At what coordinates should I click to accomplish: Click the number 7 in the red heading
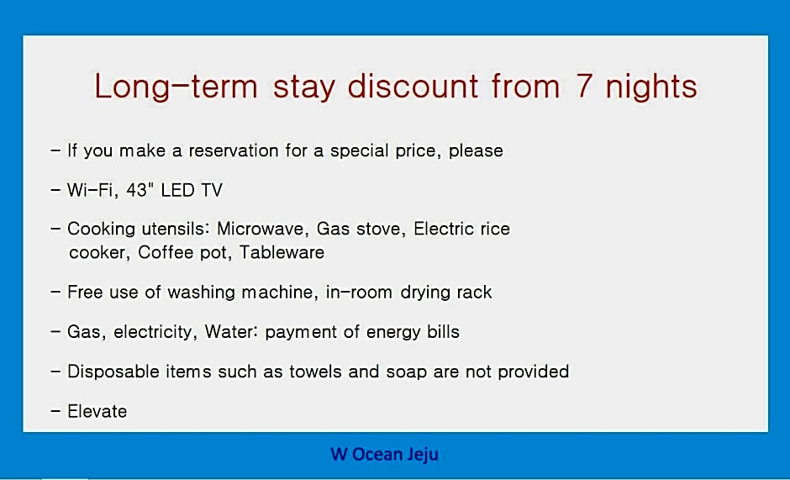(x=583, y=87)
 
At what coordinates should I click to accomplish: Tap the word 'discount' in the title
(x=413, y=86)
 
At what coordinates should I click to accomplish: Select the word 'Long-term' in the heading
(x=176, y=87)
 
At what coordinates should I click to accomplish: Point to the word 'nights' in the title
(x=651, y=87)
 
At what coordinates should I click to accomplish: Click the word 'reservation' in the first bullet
(x=234, y=150)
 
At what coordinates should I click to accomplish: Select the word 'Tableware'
(x=282, y=252)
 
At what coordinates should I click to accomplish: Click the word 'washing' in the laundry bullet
(x=201, y=293)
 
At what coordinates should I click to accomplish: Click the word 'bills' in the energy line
(x=444, y=332)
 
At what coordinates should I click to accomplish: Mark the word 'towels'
(x=315, y=372)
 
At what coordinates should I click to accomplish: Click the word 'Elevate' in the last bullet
(x=97, y=411)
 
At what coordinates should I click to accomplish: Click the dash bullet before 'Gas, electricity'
(x=55, y=331)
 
